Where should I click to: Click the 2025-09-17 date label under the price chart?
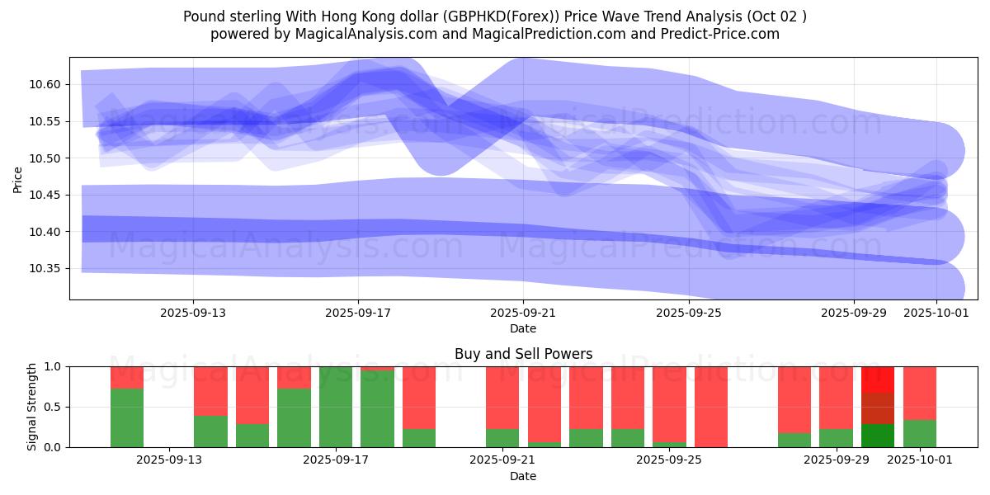coord(358,313)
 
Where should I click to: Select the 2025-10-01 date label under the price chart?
coord(936,313)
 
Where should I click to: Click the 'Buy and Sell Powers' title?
coord(523,354)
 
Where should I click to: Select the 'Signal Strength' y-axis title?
coord(33,407)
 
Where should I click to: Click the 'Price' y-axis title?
coord(18,178)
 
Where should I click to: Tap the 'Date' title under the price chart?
coord(523,328)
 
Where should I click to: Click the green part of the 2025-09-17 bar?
coord(336,407)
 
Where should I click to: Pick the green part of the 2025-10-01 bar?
coord(920,434)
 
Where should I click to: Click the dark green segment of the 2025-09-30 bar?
coord(878,436)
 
